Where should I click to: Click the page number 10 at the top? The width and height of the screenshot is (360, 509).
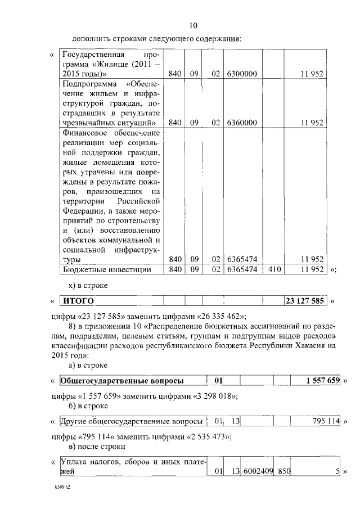tap(193, 25)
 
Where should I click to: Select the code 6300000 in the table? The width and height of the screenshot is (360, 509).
tap(242, 74)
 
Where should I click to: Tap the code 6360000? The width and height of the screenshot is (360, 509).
tap(242, 122)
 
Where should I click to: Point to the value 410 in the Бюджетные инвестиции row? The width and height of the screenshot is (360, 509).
tap(276, 269)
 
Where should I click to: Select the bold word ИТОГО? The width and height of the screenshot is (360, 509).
tap(78, 301)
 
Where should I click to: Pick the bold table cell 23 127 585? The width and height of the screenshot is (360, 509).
tap(304, 301)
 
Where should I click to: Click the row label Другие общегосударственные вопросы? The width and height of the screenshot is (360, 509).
tap(131, 421)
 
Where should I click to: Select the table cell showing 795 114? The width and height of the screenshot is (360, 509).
tap(326, 421)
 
